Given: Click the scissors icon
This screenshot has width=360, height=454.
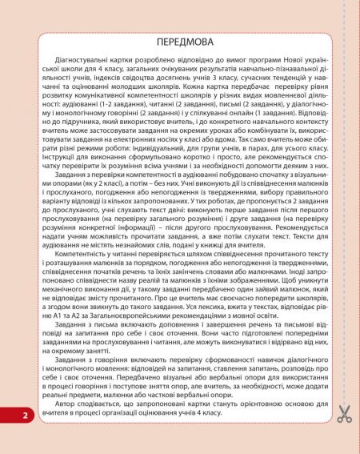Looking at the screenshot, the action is coord(344,414).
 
